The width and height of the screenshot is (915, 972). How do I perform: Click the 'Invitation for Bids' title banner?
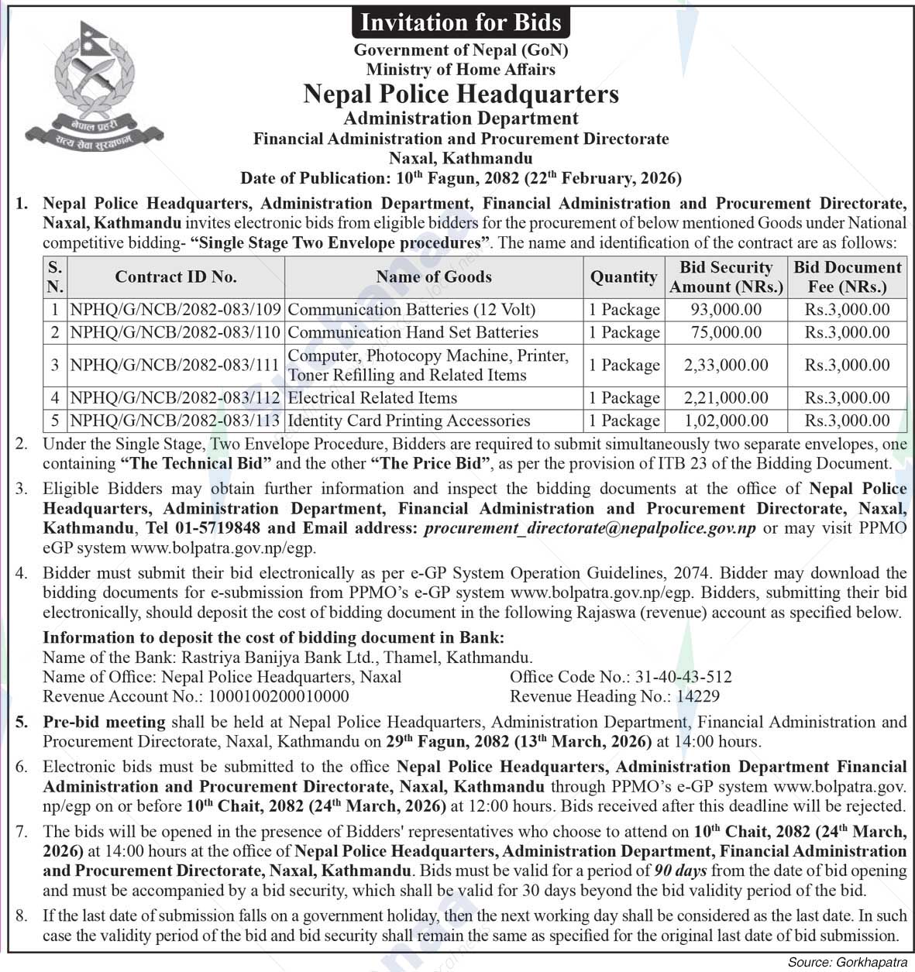click(461, 22)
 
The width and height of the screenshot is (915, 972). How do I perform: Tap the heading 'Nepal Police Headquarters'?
click(461, 94)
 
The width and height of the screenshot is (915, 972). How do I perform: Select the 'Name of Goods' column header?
click(434, 276)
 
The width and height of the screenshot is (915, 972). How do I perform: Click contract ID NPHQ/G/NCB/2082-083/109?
click(175, 310)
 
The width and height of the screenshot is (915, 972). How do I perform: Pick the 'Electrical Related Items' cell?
click(373, 398)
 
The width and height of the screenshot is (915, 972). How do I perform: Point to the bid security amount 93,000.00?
click(726, 310)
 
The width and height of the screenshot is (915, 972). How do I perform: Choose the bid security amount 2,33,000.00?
click(726, 365)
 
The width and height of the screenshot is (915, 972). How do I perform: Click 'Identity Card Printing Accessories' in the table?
click(409, 421)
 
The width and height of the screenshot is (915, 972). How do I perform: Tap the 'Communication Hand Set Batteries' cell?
click(413, 332)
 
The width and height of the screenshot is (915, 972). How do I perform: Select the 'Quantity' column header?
click(624, 276)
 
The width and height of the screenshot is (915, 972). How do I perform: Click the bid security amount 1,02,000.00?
click(726, 421)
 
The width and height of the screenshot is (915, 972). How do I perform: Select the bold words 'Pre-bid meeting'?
click(104, 722)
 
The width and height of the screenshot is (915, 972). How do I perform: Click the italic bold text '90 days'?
click(680, 871)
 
